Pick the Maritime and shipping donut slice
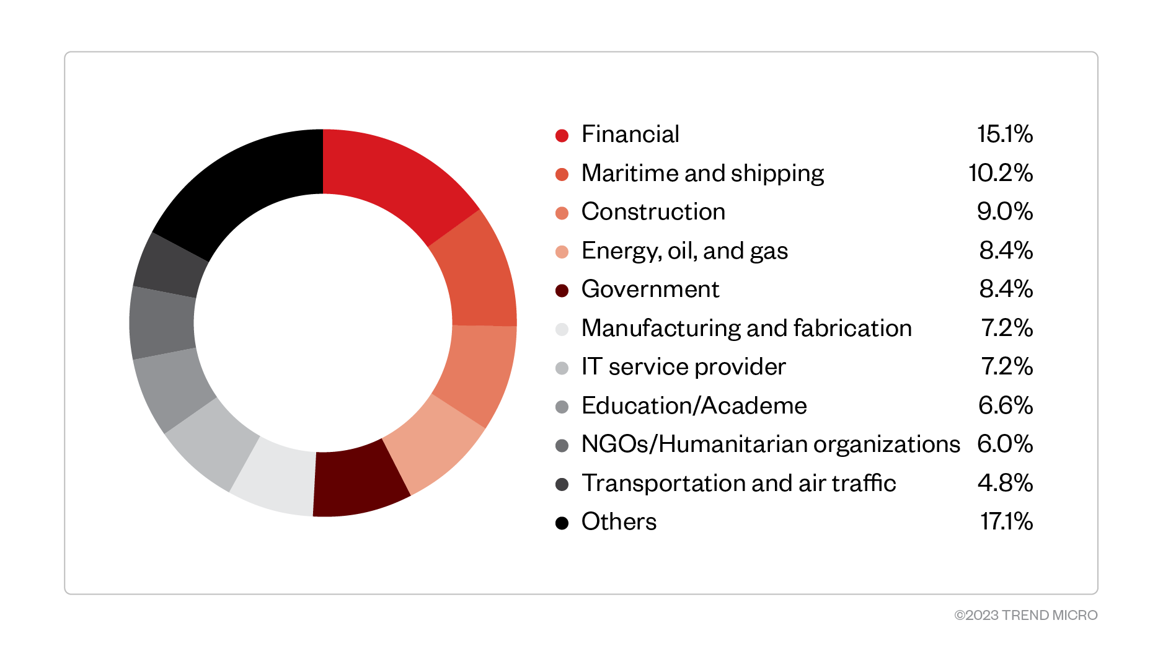478,273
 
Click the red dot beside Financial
562,136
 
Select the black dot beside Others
562,523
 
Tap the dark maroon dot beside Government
562,291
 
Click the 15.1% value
1004,135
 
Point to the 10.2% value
1000,173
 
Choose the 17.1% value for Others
1006,522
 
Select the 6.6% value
1005,405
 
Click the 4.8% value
1005,483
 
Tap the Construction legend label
653,212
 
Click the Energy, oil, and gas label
684,251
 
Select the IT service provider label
683,367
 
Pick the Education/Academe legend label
694,405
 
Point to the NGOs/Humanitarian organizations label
770,445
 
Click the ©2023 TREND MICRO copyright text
1025,615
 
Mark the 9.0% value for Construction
1004,212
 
